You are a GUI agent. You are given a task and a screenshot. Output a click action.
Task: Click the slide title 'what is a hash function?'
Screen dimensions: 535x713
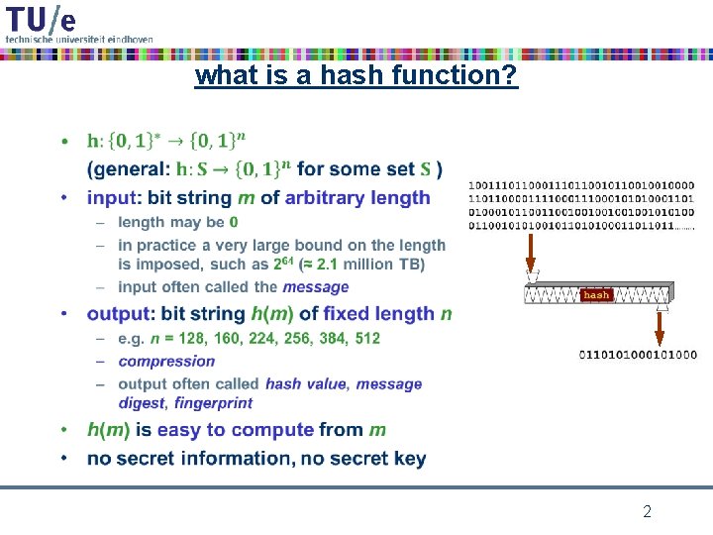coord(356,75)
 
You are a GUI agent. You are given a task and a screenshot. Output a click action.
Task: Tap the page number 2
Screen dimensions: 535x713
coord(647,512)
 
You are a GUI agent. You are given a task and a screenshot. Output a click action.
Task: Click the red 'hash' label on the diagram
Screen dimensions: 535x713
coord(596,294)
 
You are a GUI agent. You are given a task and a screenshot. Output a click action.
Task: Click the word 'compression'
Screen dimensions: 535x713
coord(166,361)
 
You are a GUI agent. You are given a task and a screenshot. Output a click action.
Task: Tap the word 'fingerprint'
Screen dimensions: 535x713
coord(215,402)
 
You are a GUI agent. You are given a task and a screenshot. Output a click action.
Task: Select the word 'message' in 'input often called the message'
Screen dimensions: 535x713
coord(316,286)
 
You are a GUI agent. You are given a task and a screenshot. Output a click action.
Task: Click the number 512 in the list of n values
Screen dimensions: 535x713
coord(366,338)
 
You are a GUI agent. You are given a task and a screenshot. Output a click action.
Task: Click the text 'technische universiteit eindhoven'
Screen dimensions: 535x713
coord(79,39)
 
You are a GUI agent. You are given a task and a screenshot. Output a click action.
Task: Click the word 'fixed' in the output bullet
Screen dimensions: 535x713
coord(347,313)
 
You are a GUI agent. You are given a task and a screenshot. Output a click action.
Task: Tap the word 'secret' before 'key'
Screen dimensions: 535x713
coord(355,458)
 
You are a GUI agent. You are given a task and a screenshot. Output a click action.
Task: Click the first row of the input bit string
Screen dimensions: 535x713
coord(580,184)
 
